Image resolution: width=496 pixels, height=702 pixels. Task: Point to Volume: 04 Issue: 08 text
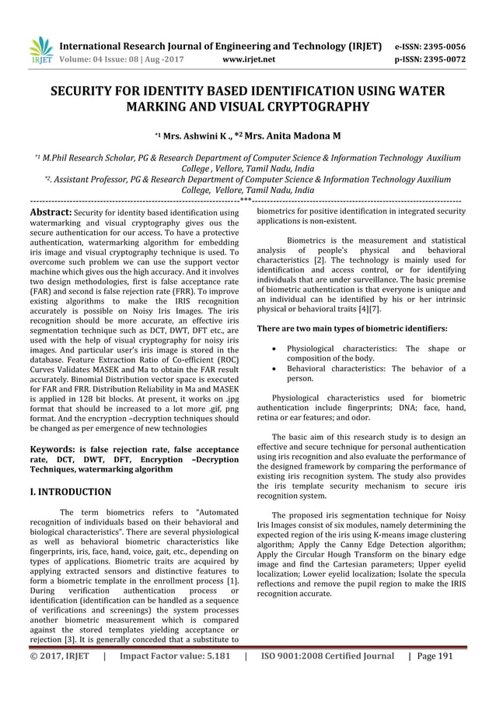tap(102, 58)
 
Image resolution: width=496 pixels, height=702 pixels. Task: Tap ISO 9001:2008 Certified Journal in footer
tap(327, 678)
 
